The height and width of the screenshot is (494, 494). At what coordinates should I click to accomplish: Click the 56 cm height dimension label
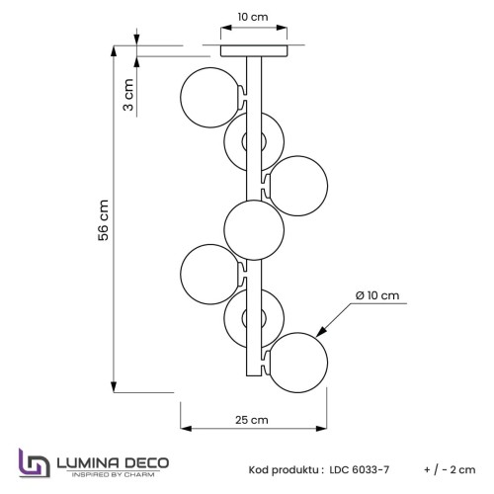pyautogui.click(x=104, y=220)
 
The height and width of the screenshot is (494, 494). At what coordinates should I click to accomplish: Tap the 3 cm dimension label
pyautogui.click(x=128, y=95)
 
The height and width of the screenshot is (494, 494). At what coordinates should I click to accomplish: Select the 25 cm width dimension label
pyautogui.click(x=252, y=420)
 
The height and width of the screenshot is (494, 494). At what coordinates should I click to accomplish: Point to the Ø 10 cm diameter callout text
pyautogui.click(x=377, y=295)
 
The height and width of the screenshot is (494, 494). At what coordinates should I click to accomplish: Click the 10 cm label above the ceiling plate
pyautogui.click(x=253, y=17)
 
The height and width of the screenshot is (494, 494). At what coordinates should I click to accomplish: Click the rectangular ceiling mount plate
pyautogui.click(x=254, y=50)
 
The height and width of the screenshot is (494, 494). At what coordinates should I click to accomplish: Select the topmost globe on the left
pyautogui.click(x=210, y=98)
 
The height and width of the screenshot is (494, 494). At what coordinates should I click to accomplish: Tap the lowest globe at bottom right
pyautogui.click(x=297, y=363)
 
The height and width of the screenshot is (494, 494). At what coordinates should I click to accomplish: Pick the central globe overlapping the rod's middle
pyautogui.click(x=254, y=230)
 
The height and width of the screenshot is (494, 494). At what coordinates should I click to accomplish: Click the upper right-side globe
pyautogui.click(x=297, y=186)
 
